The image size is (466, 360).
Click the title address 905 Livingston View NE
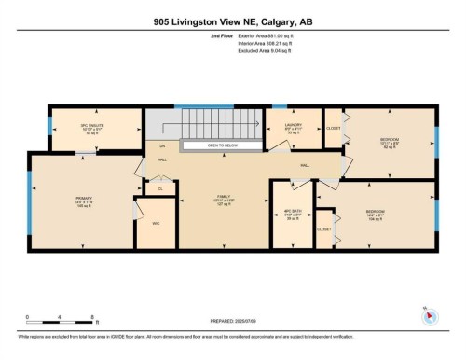[232, 23]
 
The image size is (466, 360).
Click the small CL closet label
[160, 188]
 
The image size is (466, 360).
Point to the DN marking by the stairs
[162, 146]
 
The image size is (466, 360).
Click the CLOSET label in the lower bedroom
[323, 228]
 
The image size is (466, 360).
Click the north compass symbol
[427, 317]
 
